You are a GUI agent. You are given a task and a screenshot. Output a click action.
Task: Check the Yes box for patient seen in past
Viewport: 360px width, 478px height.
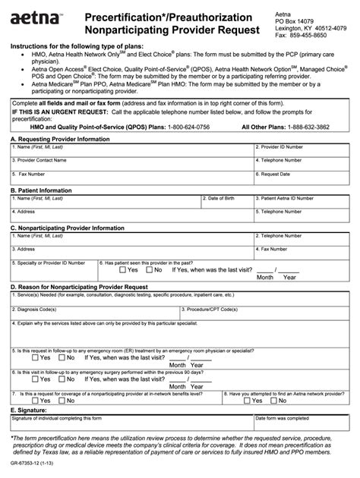click(122, 269)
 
